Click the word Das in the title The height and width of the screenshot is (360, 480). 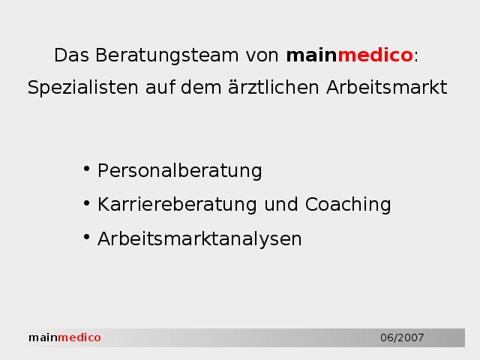pos(72,55)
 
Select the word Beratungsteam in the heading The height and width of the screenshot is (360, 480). pos(166,55)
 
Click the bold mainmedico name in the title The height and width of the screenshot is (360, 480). pos(349,55)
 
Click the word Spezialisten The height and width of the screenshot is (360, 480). pos(83,88)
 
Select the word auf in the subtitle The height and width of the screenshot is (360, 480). pos(160,87)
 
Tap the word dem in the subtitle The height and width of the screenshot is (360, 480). pos(201,87)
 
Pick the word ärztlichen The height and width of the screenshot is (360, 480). pos(274,87)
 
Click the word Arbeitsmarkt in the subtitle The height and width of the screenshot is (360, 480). pos(387,87)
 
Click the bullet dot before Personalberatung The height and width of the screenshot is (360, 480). pos(87,169)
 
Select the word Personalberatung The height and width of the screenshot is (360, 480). pos(180,170)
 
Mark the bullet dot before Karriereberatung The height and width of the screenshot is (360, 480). pos(87,203)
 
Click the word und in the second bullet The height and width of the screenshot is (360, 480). pos(281,205)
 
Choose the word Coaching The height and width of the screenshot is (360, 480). pos(348,205)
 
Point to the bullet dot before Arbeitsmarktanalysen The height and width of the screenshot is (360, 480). pos(87,237)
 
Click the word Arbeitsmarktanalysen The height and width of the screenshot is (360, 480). pos(199,238)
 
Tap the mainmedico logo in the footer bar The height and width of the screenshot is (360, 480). pos(64,337)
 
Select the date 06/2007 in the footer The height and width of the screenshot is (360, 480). pos(402,337)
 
